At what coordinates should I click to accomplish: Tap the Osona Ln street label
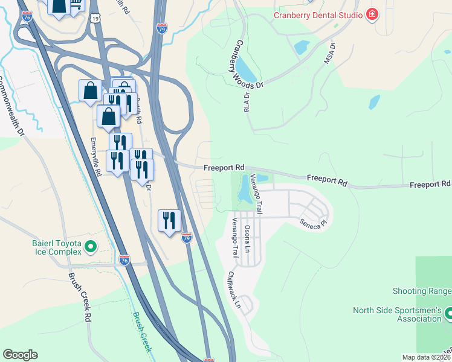(247, 238)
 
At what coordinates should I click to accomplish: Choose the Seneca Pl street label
(314, 223)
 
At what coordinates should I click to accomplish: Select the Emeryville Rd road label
(95, 157)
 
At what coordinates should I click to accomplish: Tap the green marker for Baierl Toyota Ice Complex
(91, 246)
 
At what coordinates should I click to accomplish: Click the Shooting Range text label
(422, 291)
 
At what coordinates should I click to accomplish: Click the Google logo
(20, 355)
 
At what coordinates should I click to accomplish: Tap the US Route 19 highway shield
(96, 20)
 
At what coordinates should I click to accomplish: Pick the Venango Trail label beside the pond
(257, 194)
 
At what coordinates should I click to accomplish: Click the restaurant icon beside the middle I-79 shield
(169, 220)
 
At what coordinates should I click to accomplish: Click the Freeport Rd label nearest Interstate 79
(224, 167)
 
